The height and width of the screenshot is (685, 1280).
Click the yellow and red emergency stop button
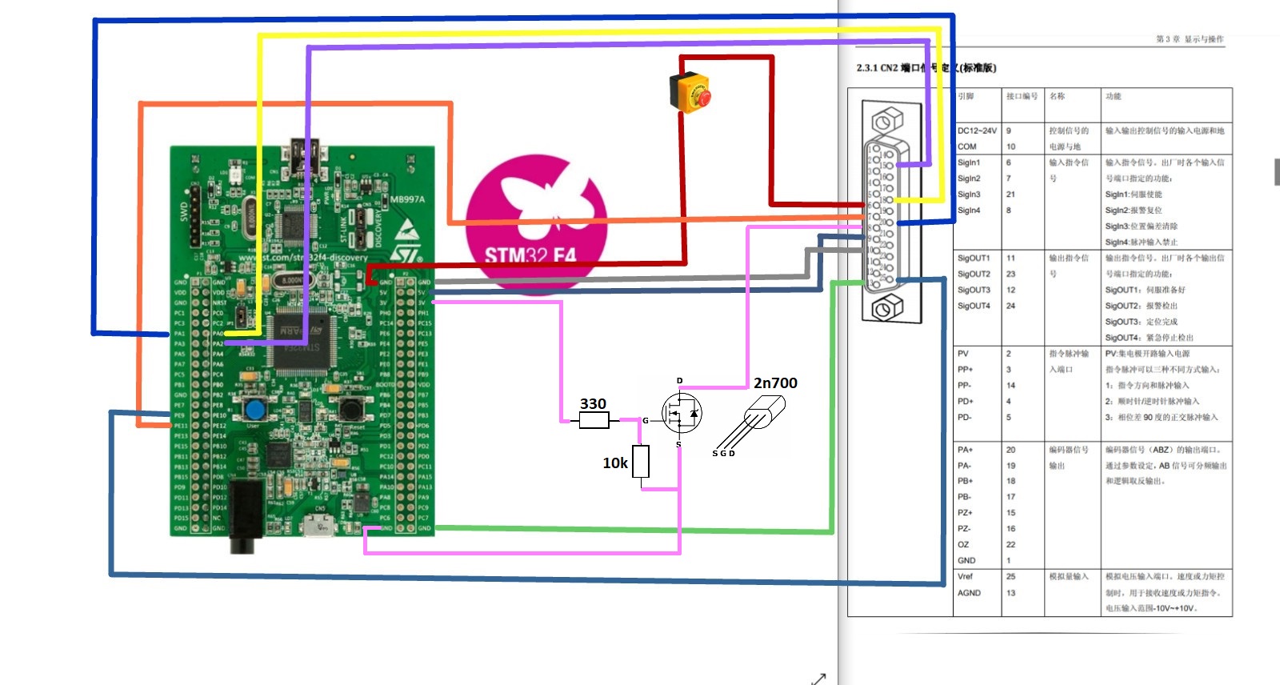tap(690, 90)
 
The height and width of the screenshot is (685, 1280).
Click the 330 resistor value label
tap(593, 404)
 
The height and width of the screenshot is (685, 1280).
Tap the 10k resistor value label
tap(615, 463)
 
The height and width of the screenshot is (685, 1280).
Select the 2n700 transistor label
tap(775, 383)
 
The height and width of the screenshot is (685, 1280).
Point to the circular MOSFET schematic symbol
tap(682, 413)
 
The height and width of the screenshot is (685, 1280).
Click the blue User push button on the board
tap(255, 411)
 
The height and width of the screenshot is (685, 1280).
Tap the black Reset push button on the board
tap(350, 410)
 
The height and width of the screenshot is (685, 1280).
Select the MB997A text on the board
tap(407, 199)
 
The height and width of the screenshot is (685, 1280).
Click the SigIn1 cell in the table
tap(969, 162)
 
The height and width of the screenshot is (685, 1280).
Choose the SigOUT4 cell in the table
tap(974, 306)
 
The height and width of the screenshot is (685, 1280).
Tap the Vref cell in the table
tap(966, 576)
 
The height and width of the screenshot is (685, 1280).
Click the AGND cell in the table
tap(969, 593)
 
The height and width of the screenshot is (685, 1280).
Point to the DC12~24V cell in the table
tap(977, 130)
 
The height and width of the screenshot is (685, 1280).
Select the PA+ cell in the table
tap(965, 450)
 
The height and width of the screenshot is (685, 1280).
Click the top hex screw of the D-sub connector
tap(884, 122)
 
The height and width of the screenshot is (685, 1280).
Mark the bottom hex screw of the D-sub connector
tap(885, 307)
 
